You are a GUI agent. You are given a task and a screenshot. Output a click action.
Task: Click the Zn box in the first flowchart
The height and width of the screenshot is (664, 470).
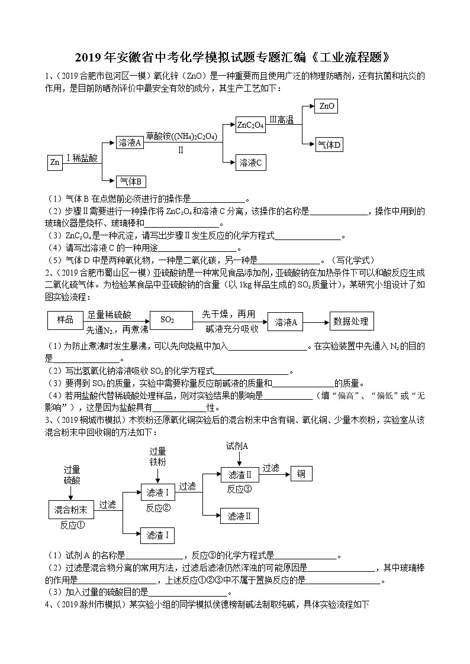tap(55, 163)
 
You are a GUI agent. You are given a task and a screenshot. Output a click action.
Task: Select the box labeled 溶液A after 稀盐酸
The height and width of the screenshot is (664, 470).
tap(130, 143)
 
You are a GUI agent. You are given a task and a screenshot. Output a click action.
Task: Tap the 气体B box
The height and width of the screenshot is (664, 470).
tap(131, 182)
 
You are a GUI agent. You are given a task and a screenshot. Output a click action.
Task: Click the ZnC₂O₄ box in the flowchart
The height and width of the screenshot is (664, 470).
tap(250, 125)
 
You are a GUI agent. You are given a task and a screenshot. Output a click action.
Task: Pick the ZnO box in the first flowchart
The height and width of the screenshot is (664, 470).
tap(327, 106)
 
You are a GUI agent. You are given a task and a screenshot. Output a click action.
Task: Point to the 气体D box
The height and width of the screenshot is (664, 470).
tap(330, 144)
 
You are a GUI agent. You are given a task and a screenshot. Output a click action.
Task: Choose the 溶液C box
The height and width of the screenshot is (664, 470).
tap(250, 163)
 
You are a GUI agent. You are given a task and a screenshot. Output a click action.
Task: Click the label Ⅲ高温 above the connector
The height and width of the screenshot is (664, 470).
tap(282, 120)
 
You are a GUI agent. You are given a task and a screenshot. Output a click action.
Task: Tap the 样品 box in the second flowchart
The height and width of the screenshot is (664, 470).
tap(65, 320)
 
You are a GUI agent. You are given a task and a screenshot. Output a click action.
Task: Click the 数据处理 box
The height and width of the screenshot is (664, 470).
tap(351, 321)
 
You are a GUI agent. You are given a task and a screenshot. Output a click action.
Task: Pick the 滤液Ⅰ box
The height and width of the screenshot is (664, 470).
tap(157, 492)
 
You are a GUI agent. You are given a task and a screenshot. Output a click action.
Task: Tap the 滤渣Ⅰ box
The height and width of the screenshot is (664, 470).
tap(157, 535)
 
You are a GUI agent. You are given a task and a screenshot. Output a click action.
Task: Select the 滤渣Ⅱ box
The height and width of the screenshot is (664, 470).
tap(240, 474)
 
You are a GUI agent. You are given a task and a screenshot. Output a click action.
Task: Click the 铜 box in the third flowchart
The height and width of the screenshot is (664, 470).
tap(301, 474)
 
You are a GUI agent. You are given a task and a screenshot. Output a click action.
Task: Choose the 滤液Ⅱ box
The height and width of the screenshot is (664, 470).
tap(240, 516)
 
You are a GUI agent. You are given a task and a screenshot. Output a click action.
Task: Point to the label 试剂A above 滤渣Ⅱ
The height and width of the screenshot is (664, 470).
tap(237, 445)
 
